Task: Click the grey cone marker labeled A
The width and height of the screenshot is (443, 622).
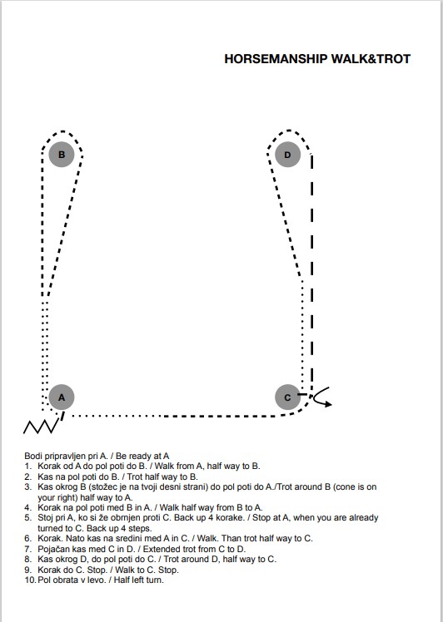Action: [62, 397]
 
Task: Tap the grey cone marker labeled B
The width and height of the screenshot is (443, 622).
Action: [62, 155]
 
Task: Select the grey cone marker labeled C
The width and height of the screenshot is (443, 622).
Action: [287, 397]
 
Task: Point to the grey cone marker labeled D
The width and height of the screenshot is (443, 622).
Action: [287, 155]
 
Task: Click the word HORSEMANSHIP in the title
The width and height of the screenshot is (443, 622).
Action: [276, 59]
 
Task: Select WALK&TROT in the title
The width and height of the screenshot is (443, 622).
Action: [371, 59]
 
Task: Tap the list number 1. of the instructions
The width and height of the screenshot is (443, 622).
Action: [27, 466]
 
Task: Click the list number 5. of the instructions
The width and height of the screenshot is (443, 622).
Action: [27, 518]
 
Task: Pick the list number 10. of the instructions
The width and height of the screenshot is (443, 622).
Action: [30, 580]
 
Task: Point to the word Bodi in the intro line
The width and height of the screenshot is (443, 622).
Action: [32, 456]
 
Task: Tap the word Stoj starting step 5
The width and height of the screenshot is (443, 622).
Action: [45, 518]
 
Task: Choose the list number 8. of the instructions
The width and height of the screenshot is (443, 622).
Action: [27, 560]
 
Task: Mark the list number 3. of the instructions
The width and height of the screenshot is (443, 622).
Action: [27, 486]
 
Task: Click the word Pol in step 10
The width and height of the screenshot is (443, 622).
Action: [43, 580]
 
